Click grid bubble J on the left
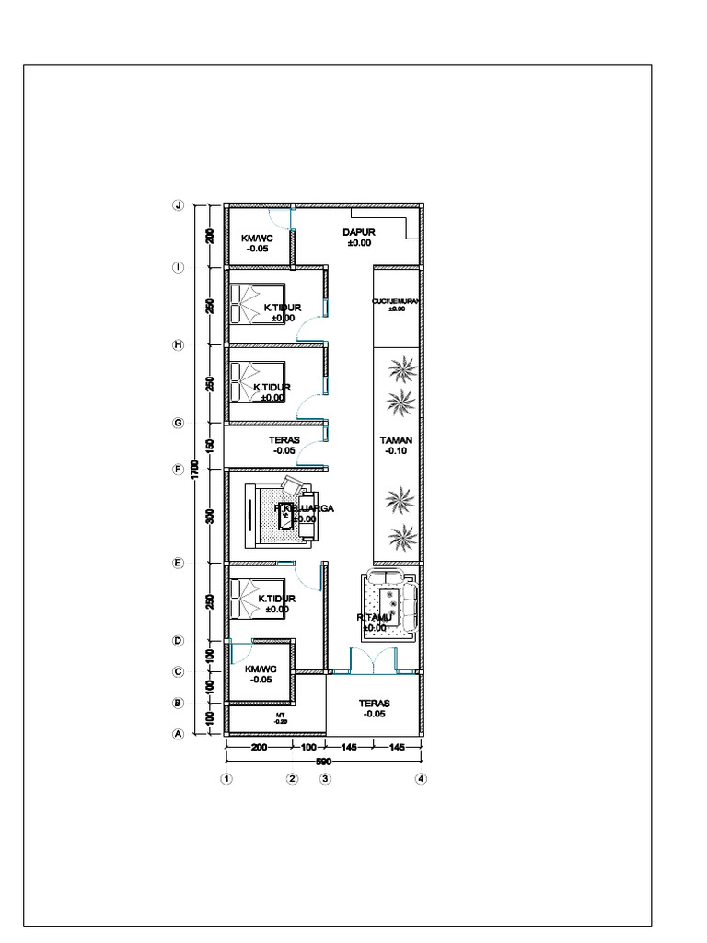click(180, 205)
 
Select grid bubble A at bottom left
click(180, 734)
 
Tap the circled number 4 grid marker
click(421, 779)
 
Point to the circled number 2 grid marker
click(292, 779)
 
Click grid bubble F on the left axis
click(180, 469)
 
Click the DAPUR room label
click(358, 233)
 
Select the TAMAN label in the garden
click(396, 440)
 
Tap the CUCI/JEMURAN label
click(396, 301)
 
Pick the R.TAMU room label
click(375, 618)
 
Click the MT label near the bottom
click(280, 715)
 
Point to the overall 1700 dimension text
click(194, 469)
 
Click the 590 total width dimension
click(323, 762)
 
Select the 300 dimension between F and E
click(210, 516)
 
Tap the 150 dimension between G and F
click(210, 446)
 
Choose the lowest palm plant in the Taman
click(400, 537)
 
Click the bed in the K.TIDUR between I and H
click(246, 304)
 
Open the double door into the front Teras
click(372, 661)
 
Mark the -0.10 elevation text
click(396, 451)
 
